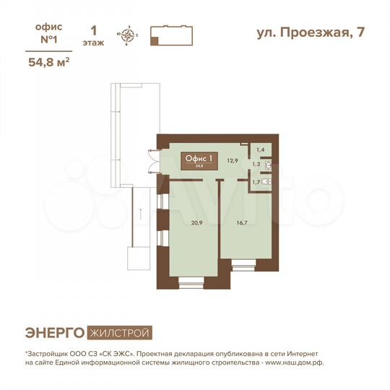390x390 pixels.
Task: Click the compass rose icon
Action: (x=129, y=35)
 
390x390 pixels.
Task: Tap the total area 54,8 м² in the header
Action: (x=48, y=62)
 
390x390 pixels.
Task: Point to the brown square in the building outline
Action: (x=154, y=41)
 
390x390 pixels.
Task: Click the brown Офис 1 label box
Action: (x=200, y=160)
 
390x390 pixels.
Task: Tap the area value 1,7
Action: (x=256, y=182)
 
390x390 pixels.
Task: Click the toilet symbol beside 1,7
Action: (x=267, y=182)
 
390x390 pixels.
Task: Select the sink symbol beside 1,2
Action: (x=269, y=166)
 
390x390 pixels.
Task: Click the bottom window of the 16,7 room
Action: (x=245, y=267)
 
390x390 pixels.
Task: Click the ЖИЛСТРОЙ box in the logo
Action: (x=120, y=333)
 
